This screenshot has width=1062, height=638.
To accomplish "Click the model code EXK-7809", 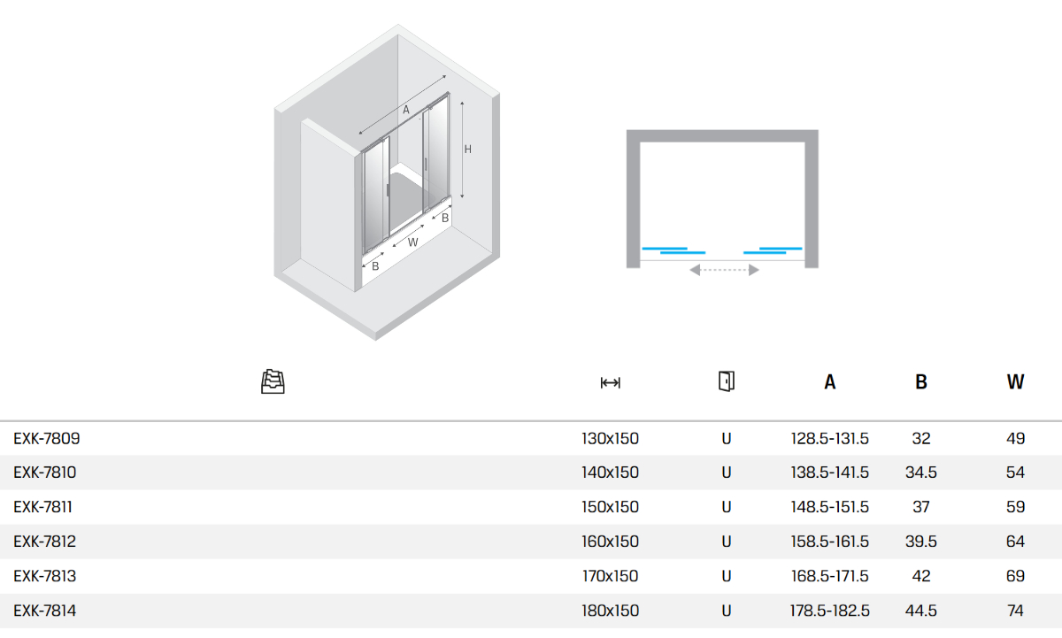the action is (46, 438).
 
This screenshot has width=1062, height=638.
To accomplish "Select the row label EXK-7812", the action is (44, 542).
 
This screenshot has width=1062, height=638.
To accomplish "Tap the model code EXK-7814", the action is (44, 611).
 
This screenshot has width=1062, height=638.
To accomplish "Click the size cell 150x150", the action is (610, 507).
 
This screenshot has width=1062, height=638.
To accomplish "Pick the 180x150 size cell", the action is (610, 611).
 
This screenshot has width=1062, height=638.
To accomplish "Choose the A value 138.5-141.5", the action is (830, 473).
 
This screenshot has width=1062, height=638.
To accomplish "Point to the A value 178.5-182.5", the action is (830, 611).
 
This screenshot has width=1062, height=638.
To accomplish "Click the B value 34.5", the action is (920, 473).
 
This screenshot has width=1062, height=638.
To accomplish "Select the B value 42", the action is (920, 576).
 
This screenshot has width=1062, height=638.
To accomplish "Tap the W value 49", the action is (1016, 438).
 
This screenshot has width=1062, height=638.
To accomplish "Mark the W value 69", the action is (1016, 576).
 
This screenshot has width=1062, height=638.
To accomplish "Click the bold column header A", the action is (830, 382).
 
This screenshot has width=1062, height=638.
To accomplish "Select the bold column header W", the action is (1016, 382).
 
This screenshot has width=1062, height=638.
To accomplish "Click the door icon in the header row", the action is (727, 381).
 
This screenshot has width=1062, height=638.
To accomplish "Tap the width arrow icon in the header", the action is (610, 382).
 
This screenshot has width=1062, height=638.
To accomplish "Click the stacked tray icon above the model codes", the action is (273, 381).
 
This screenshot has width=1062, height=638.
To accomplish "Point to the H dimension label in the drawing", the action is (468, 150).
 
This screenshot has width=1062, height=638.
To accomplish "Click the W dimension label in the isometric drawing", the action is (413, 242).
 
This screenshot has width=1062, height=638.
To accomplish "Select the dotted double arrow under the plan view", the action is (724, 270).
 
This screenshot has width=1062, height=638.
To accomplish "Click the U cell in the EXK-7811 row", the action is (727, 507).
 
